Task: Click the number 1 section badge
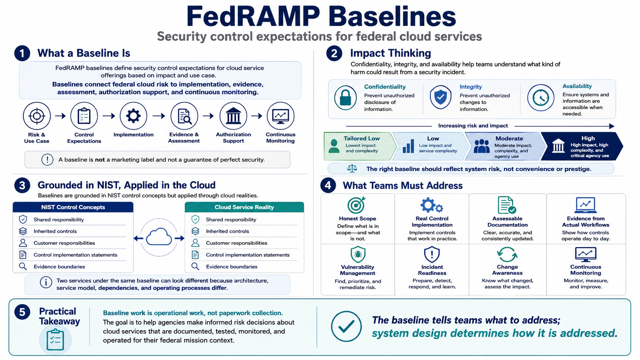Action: tap(22, 54)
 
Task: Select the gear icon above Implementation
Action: tap(134, 116)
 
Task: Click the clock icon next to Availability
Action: tap(540, 98)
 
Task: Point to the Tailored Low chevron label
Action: tap(361, 138)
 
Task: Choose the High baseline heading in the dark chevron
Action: tap(588, 138)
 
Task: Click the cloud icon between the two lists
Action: tap(159, 237)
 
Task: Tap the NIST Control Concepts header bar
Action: tap(73, 207)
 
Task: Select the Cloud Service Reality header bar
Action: tap(244, 207)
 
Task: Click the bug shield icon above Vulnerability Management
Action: tap(358, 254)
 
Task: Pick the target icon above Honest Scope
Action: tap(356, 205)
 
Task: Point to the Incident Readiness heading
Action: tap(432, 270)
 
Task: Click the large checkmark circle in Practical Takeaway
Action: tap(346, 326)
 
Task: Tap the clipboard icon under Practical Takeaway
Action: tap(55, 340)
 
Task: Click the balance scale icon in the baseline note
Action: tap(352, 169)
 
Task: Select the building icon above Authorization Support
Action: tap(233, 116)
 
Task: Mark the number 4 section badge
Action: tap(328, 185)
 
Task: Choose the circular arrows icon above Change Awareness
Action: tap(507, 254)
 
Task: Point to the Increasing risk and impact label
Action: tap(473, 125)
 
